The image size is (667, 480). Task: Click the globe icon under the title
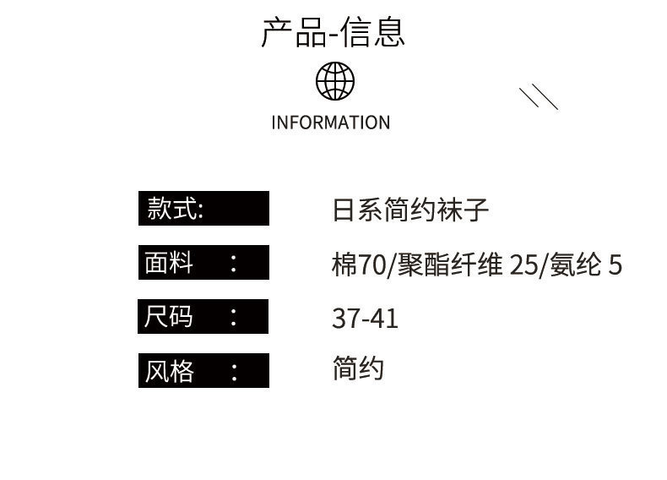(335, 81)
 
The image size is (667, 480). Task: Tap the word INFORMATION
(331, 123)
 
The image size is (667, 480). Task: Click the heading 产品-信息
(333, 33)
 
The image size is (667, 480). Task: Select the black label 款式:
(203, 209)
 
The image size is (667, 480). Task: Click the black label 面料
(203, 263)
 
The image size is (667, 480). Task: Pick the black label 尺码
(203, 317)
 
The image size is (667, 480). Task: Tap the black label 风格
(203, 371)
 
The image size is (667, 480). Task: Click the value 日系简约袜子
(411, 210)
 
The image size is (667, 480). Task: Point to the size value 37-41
(365, 319)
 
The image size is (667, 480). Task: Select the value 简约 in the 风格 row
(359, 368)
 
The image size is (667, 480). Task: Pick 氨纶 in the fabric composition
(576, 265)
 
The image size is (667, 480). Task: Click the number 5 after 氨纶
(615, 265)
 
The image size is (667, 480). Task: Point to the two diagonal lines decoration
(539, 97)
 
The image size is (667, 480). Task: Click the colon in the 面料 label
(234, 264)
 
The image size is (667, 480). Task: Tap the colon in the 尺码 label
(234, 318)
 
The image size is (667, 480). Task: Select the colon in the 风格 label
(234, 372)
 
